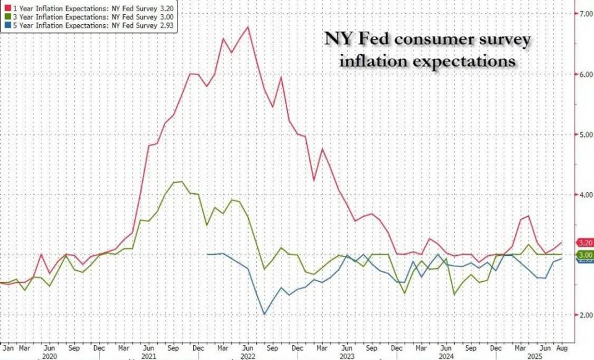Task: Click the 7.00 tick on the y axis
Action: tap(584, 14)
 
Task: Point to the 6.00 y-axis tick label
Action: tap(584, 74)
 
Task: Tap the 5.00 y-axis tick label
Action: tap(584, 134)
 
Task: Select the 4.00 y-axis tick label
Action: tap(584, 195)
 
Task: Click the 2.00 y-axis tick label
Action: tap(584, 315)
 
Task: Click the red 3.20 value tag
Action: tap(585, 242)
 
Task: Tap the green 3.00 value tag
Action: tap(585, 255)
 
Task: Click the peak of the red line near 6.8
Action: tap(247, 27)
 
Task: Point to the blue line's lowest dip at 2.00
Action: tap(265, 314)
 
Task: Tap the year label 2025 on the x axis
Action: tap(532, 356)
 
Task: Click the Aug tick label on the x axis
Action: tap(560, 348)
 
